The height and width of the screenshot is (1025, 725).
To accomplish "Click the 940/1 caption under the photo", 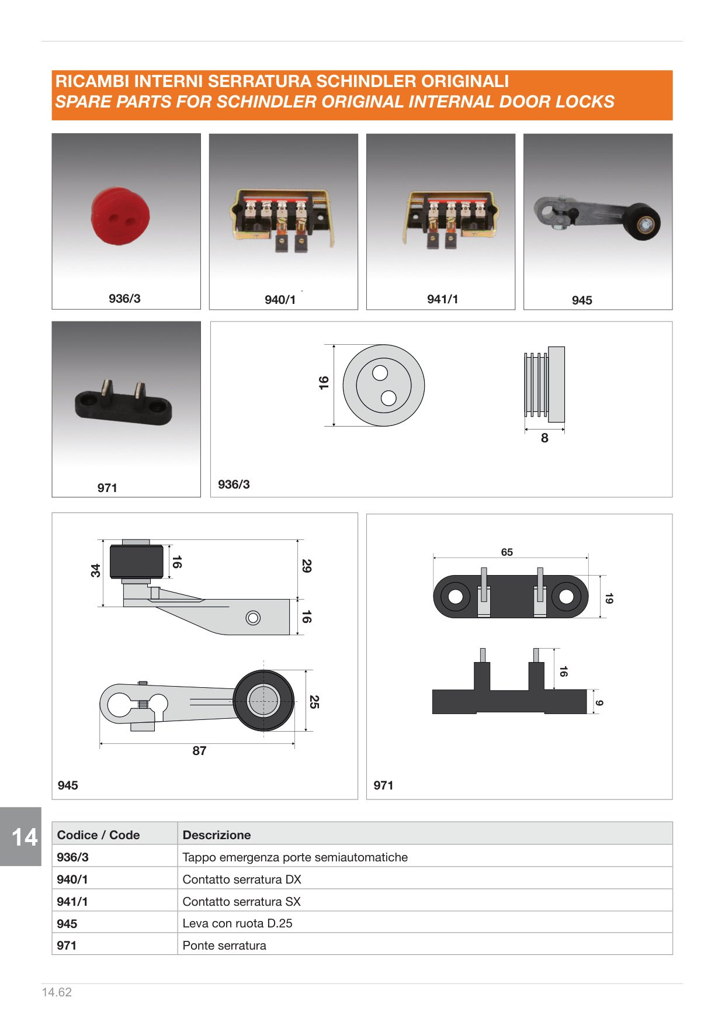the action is coord(280,300).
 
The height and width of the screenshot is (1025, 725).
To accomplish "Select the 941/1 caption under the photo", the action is coord(442,299).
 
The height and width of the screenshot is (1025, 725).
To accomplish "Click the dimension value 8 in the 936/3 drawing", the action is coord(544,438).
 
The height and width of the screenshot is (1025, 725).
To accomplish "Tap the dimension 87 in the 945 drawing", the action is coord(199,751).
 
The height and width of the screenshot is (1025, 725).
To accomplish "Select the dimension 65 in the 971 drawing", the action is coord(507,552).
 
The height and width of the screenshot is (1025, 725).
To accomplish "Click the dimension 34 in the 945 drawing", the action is coord(96,570).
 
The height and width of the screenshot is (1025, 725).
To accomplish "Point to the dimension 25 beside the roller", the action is coord(314,701).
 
